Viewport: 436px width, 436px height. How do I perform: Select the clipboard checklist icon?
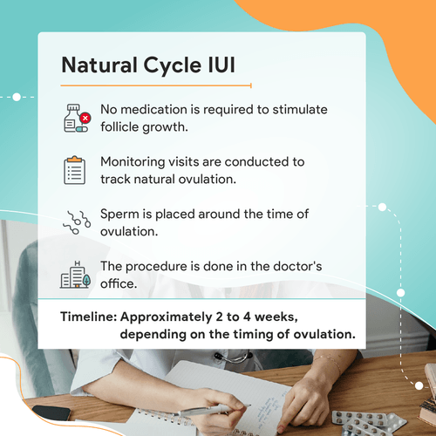pos(76,170)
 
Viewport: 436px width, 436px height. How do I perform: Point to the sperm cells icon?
pos(76,222)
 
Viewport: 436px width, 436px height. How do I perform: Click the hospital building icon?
pos(76,274)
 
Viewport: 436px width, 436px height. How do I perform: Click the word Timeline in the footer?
pos(87,317)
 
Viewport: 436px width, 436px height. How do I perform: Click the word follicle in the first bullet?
pos(123,126)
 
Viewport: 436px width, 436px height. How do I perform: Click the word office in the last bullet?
pos(121,283)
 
